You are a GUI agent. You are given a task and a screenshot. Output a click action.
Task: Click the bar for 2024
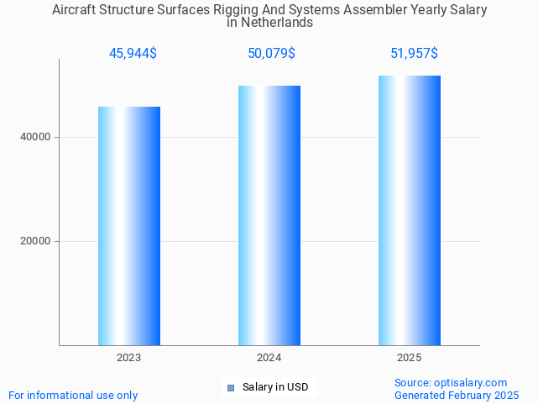tap(269, 215)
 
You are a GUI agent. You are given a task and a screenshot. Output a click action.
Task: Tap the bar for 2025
tap(410, 210)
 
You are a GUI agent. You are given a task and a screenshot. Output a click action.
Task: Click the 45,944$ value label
tap(133, 54)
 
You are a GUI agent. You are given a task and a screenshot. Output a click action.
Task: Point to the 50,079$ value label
tap(271, 54)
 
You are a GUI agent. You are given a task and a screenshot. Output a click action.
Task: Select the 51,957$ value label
tap(414, 54)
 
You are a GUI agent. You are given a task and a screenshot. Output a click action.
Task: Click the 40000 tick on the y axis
tap(36, 137)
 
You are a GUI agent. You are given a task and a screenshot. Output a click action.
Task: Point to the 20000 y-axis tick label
tap(36, 241)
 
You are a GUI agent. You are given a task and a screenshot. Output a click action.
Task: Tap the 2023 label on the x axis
tap(129, 358)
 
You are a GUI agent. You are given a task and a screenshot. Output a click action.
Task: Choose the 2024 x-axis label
tap(269, 358)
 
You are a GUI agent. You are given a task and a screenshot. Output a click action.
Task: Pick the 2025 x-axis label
tap(410, 358)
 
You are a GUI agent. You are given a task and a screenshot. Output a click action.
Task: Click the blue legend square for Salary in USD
tap(231, 387)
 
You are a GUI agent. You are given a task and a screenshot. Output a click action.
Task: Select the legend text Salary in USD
tap(275, 387)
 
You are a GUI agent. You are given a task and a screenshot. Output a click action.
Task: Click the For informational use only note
tap(73, 395)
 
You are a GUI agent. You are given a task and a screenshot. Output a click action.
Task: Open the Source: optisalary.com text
tap(451, 382)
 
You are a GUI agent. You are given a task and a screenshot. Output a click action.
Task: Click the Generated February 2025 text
tap(457, 395)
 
